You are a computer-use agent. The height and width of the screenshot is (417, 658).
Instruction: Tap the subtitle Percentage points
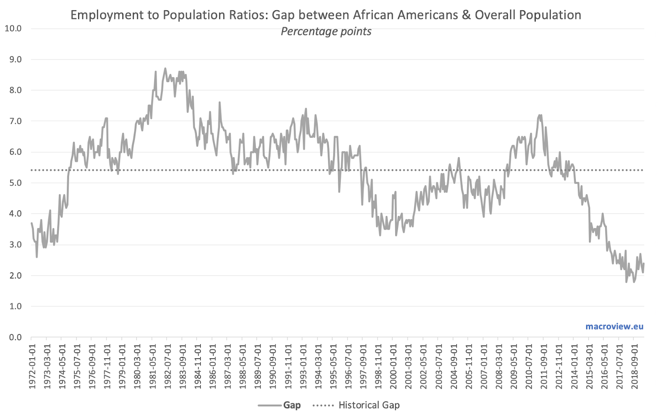(x=326, y=31)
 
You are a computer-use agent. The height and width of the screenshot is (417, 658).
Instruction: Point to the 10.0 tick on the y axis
(x=13, y=28)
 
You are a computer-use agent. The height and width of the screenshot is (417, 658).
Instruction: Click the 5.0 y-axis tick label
(x=16, y=183)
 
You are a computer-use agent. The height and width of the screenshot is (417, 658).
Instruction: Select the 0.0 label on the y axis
(x=16, y=337)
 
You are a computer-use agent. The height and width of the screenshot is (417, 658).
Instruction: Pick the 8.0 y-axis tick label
(x=16, y=90)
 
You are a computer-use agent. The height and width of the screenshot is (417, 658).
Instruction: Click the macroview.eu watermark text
(x=614, y=327)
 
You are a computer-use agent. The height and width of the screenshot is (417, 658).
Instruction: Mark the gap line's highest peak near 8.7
(x=165, y=69)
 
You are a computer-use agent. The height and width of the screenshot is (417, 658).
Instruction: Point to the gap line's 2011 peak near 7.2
(x=540, y=115)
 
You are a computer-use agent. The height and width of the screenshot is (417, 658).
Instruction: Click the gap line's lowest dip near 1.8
(x=626, y=282)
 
